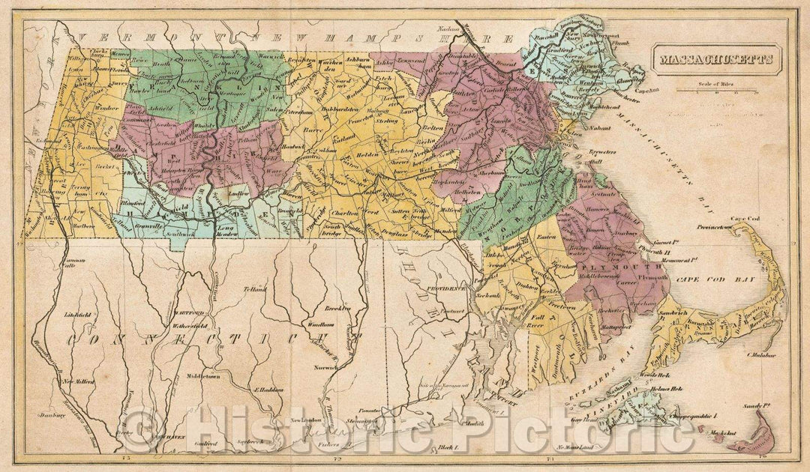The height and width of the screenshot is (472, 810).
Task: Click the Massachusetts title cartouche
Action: click(716, 58)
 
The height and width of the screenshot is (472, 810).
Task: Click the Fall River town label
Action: click(537, 321)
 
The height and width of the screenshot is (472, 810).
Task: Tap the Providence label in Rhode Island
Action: click(448, 287)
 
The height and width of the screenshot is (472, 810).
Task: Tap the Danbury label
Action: click(54, 414)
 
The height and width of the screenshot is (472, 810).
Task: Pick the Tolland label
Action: click(255, 288)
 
